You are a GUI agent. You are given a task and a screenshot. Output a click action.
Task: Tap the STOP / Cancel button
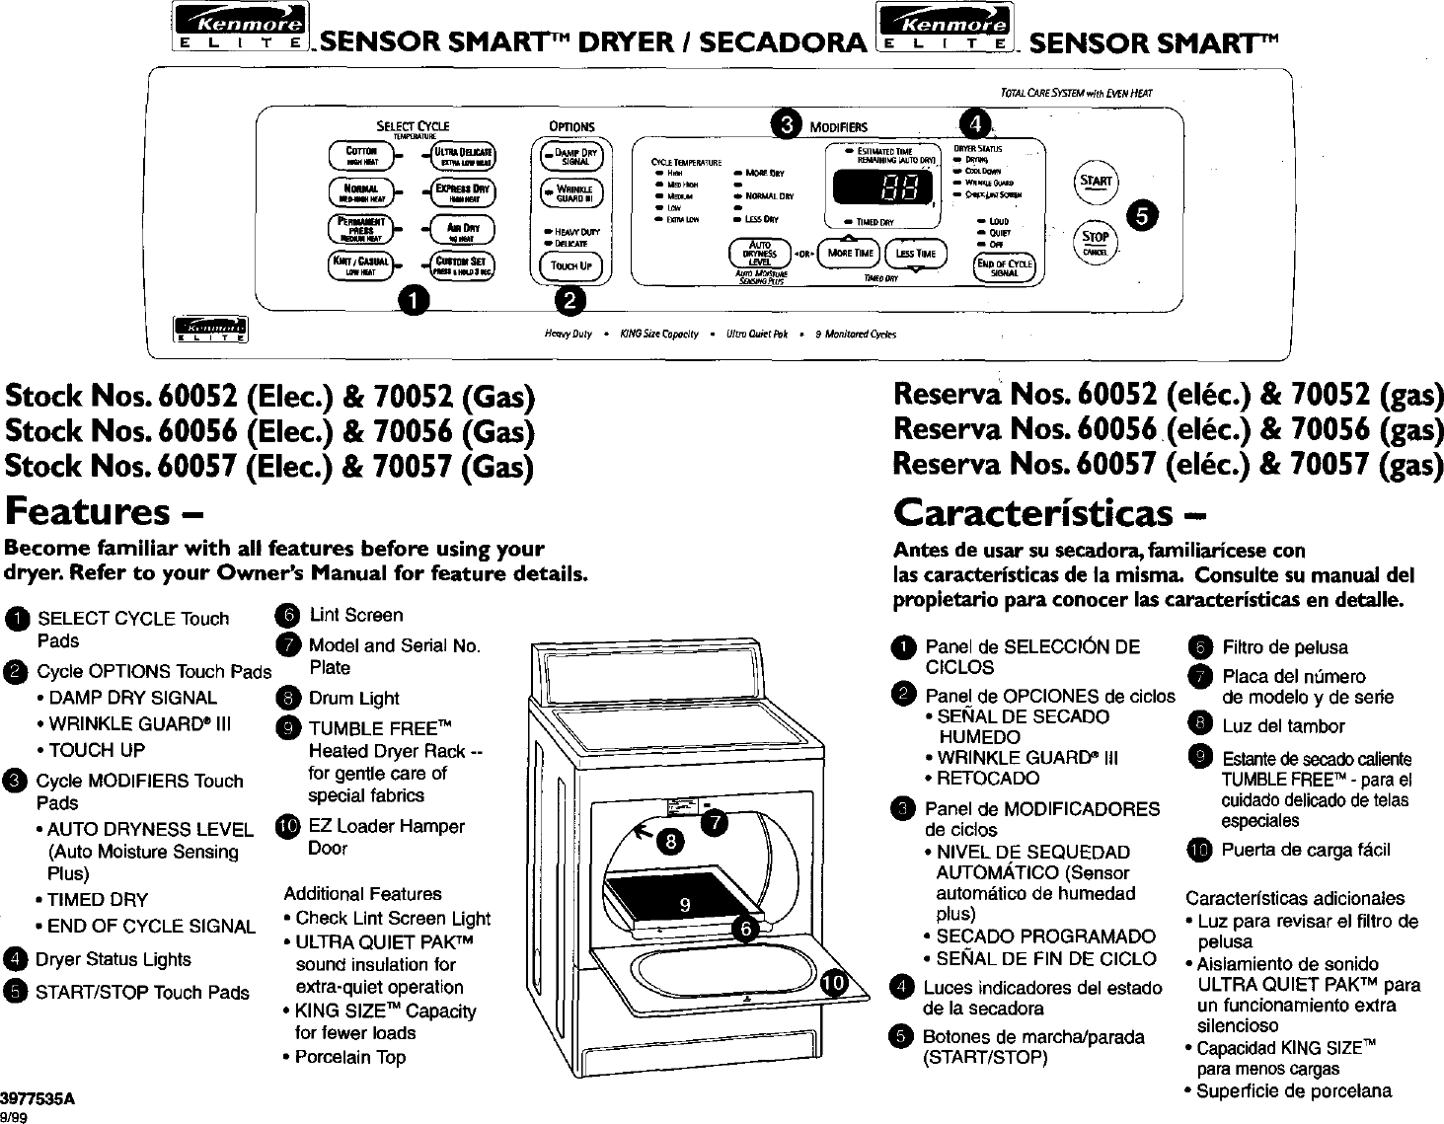(1095, 241)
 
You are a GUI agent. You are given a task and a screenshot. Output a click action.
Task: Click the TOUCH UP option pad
(571, 265)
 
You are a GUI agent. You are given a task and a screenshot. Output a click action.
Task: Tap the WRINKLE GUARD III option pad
(571, 192)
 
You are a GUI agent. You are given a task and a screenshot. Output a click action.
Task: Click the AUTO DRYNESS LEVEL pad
(759, 253)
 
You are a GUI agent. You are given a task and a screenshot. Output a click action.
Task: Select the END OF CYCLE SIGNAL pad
(1004, 267)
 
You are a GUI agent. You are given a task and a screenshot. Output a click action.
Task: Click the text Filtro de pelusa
(1284, 647)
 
